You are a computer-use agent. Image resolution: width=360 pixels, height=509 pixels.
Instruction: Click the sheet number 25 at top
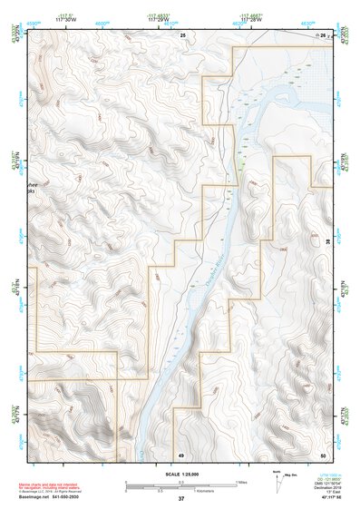[x=182, y=34]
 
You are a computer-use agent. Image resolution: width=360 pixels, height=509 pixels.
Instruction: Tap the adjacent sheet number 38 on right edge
[x=326, y=242]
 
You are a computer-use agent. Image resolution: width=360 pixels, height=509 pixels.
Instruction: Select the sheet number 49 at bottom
[x=181, y=453]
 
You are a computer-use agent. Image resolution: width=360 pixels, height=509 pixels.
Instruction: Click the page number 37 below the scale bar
[x=181, y=498]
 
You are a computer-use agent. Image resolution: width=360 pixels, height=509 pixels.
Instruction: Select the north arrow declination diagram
[x=277, y=477]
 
